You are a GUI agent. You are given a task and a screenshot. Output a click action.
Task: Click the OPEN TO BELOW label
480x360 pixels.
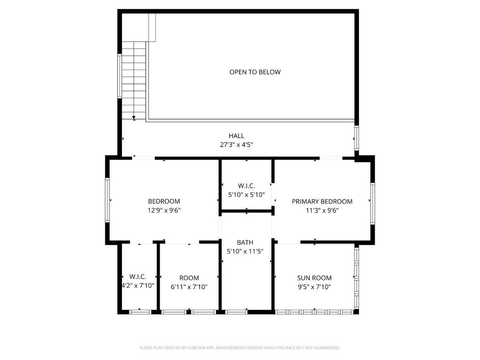pos(255,72)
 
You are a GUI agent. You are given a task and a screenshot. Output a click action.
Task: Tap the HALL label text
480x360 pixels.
pos(236,135)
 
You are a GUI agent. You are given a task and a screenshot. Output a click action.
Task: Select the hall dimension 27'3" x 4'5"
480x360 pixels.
pos(236,145)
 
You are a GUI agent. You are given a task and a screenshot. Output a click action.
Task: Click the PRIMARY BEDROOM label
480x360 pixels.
pos(322,202)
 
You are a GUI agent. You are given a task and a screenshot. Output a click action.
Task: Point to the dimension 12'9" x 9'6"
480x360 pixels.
pos(164,210)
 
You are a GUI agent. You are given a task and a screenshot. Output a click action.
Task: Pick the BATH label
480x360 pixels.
pos(245,242)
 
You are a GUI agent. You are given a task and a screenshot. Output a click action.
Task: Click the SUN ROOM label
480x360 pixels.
pos(315,278)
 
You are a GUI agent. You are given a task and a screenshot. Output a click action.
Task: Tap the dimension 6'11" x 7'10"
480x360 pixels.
pos(189,287)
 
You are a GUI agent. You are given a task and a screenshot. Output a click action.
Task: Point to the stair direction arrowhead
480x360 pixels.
pos(134,118)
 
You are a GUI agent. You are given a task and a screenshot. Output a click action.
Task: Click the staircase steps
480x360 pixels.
pos(134,81)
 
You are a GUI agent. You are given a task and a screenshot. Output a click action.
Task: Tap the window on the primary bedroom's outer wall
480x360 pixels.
pos(373,203)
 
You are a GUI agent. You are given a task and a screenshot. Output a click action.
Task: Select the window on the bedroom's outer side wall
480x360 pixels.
pos(107,200)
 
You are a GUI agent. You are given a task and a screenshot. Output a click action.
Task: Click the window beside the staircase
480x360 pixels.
pos(120,76)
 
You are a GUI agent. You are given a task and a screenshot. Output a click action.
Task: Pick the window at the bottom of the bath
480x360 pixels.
pos(236,312)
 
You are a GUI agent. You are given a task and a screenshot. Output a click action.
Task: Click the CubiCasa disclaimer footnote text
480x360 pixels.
pos(240,348)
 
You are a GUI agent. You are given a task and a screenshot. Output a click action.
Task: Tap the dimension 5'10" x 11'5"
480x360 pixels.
pos(245,252)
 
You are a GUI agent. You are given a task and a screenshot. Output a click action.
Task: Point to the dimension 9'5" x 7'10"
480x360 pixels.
pos(315,287)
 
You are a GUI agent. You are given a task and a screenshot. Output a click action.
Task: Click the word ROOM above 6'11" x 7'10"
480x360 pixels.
pos(189,278)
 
